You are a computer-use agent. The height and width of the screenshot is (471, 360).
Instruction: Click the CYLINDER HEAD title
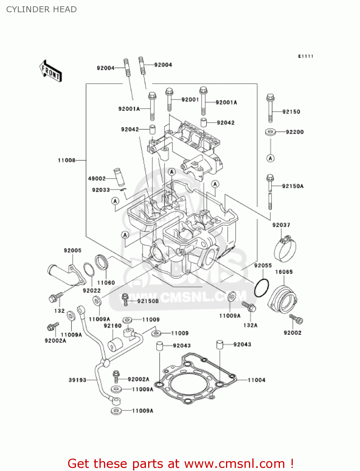[41, 9]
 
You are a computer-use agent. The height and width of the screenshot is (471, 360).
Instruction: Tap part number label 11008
[67, 160]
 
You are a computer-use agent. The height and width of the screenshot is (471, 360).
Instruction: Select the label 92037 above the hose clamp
[281, 225]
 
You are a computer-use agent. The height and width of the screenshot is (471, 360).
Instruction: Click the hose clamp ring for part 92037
[285, 250]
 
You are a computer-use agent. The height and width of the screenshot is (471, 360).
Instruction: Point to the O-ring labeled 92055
[261, 288]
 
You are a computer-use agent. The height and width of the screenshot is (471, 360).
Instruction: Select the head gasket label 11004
[256, 380]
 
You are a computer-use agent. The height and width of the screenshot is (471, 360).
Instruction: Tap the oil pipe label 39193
[77, 380]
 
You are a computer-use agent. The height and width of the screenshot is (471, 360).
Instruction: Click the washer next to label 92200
[270, 132]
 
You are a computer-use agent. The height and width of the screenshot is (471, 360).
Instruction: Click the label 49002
[97, 179]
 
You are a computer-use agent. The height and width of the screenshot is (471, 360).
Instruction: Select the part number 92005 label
[73, 251]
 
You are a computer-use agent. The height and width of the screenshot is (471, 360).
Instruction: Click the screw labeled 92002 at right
[296, 319]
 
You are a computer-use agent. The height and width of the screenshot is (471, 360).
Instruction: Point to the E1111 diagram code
[305, 56]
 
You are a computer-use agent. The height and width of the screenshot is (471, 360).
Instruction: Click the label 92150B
[148, 301]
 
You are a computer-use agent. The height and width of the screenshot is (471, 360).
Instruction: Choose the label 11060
[106, 283]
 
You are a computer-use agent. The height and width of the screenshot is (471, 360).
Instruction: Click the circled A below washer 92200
[271, 158]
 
